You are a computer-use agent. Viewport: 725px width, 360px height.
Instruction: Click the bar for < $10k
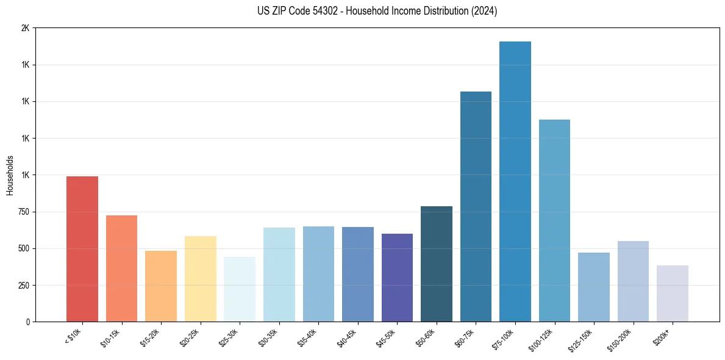pyautogui.click(x=82, y=249)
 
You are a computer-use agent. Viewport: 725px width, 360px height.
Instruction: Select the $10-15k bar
pyautogui.click(x=121, y=268)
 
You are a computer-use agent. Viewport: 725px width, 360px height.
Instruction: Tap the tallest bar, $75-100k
pyautogui.click(x=515, y=182)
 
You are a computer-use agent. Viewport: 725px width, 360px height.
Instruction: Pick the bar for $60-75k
pyautogui.click(x=476, y=206)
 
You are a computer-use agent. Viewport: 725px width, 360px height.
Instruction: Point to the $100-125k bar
pyautogui.click(x=554, y=221)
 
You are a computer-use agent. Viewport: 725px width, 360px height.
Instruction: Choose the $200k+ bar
pyautogui.click(x=673, y=293)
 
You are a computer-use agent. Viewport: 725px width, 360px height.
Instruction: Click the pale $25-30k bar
pyautogui.click(x=240, y=289)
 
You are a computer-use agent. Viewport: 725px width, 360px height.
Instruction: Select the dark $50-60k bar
pyautogui.click(x=437, y=264)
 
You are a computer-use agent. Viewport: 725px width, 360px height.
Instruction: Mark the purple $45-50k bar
pyautogui.click(x=397, y=278)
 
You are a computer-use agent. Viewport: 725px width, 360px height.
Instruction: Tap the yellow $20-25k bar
pyautogui.click(x=201, y=279)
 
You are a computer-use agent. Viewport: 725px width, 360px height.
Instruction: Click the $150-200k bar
pyautogui.click(x=633, y=281)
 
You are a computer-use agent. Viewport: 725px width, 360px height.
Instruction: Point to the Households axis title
pyautogui.click(x=10, y=175)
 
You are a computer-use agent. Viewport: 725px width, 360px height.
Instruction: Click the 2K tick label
pyautogui.click(x=25, y=28)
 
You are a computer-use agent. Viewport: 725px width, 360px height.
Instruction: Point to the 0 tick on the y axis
pyautogui.click(x=27, y=322)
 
